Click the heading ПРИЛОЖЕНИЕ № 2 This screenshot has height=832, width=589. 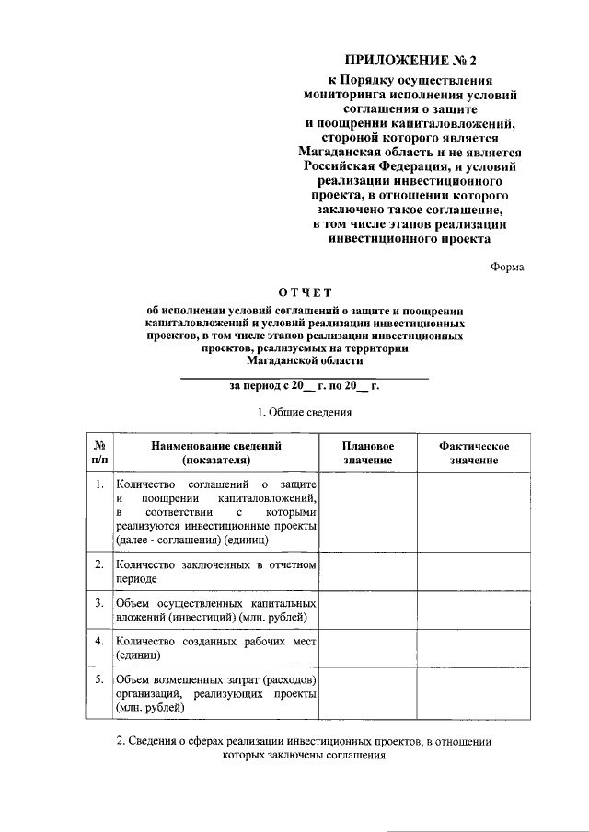(410, 61)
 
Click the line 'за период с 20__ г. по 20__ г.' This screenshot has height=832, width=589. (304, 387)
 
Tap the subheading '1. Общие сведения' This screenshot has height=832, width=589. (304, 411)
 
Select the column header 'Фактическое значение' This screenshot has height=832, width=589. (474, 452)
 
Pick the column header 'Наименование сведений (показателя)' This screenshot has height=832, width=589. (216, 452)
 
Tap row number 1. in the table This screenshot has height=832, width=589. (99, 483)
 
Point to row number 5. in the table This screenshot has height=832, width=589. (99, 678)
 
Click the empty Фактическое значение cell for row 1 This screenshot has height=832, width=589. (474, 511)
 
